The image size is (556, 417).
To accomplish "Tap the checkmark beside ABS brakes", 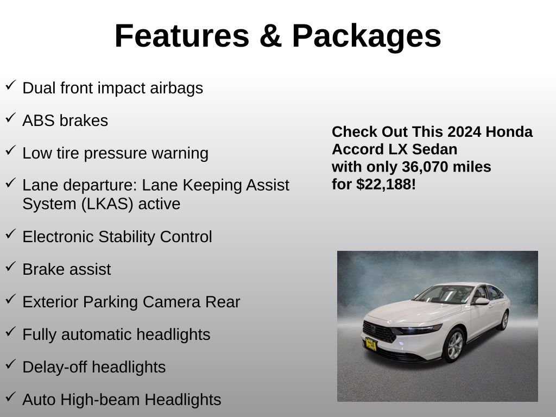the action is [11, 117].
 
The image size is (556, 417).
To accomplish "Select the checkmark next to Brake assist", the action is [11, 266].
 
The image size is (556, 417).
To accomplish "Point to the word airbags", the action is [176, 88].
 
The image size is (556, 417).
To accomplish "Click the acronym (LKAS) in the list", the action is [107, 204].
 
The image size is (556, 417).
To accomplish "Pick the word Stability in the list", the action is [127, 237].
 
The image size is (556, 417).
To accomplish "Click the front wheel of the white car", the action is [454, 345].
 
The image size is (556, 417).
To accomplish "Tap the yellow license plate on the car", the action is [370, 344].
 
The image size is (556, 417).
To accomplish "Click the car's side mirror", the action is [481, 301].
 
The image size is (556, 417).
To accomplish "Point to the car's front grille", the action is [378, 332].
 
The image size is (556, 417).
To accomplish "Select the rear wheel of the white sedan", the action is [504, 320].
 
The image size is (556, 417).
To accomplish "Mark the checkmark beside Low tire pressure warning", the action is [11, 150].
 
